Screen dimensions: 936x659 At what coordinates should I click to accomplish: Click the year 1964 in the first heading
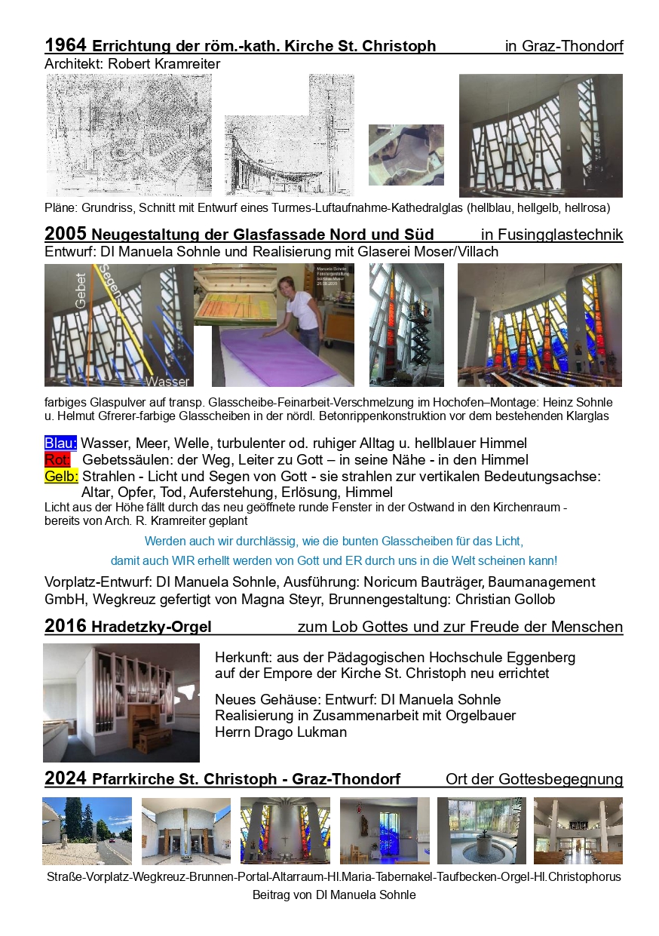[66, 44]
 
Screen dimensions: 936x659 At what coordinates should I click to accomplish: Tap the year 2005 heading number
[66, 232]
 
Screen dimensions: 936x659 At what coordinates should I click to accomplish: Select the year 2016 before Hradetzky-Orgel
[66, 626]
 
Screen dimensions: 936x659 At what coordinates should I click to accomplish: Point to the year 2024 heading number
[66, 778]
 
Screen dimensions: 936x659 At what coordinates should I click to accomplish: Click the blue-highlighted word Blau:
[60, 443]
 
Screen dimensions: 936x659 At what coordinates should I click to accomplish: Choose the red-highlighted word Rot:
[57, 460]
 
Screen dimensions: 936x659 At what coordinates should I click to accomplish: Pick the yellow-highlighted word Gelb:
[61, 477]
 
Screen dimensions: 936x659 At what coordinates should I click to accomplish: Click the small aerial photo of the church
[406, 155]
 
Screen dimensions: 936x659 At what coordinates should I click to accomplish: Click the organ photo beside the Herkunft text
[121, 702]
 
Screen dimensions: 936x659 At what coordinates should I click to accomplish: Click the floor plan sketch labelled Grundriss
[129, 135]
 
